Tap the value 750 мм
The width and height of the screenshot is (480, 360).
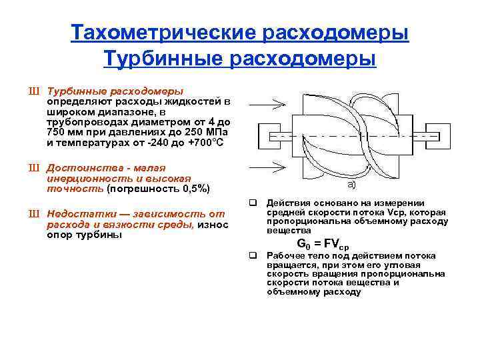click(64, 133)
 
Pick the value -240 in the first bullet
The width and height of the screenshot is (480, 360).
click(158, 143)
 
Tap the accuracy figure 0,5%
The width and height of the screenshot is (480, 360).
click(192, 189)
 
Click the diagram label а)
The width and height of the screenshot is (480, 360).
click(351, 185)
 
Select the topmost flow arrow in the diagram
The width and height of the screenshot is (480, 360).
click(267, 102)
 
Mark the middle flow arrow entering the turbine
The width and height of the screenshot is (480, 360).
click(267, 136)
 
